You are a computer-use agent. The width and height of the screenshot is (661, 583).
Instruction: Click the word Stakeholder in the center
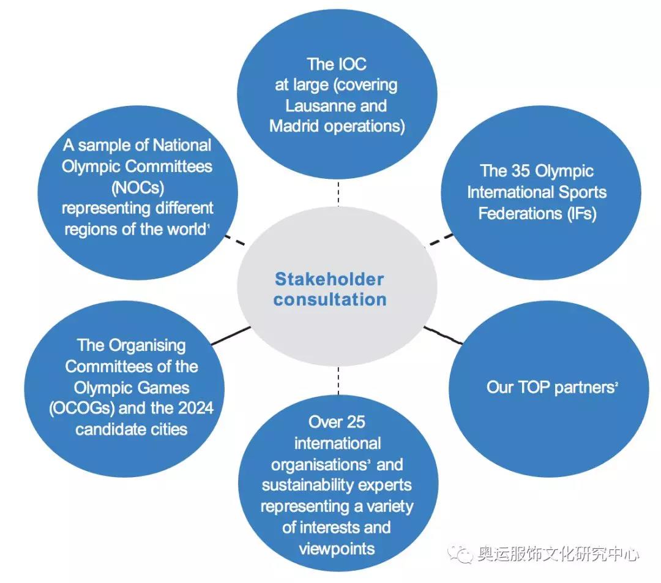(x=329, y=279)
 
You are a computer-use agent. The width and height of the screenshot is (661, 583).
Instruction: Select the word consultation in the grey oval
(x=330, y=299)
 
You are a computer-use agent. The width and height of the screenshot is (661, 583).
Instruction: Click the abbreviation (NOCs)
(x=138, y=187)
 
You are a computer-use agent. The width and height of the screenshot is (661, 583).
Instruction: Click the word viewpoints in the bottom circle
(x=337, y=548)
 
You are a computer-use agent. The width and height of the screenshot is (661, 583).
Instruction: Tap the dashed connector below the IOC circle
(x=337, y=194)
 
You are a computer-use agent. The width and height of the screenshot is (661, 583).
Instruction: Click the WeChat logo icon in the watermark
(x=460, y=554)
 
